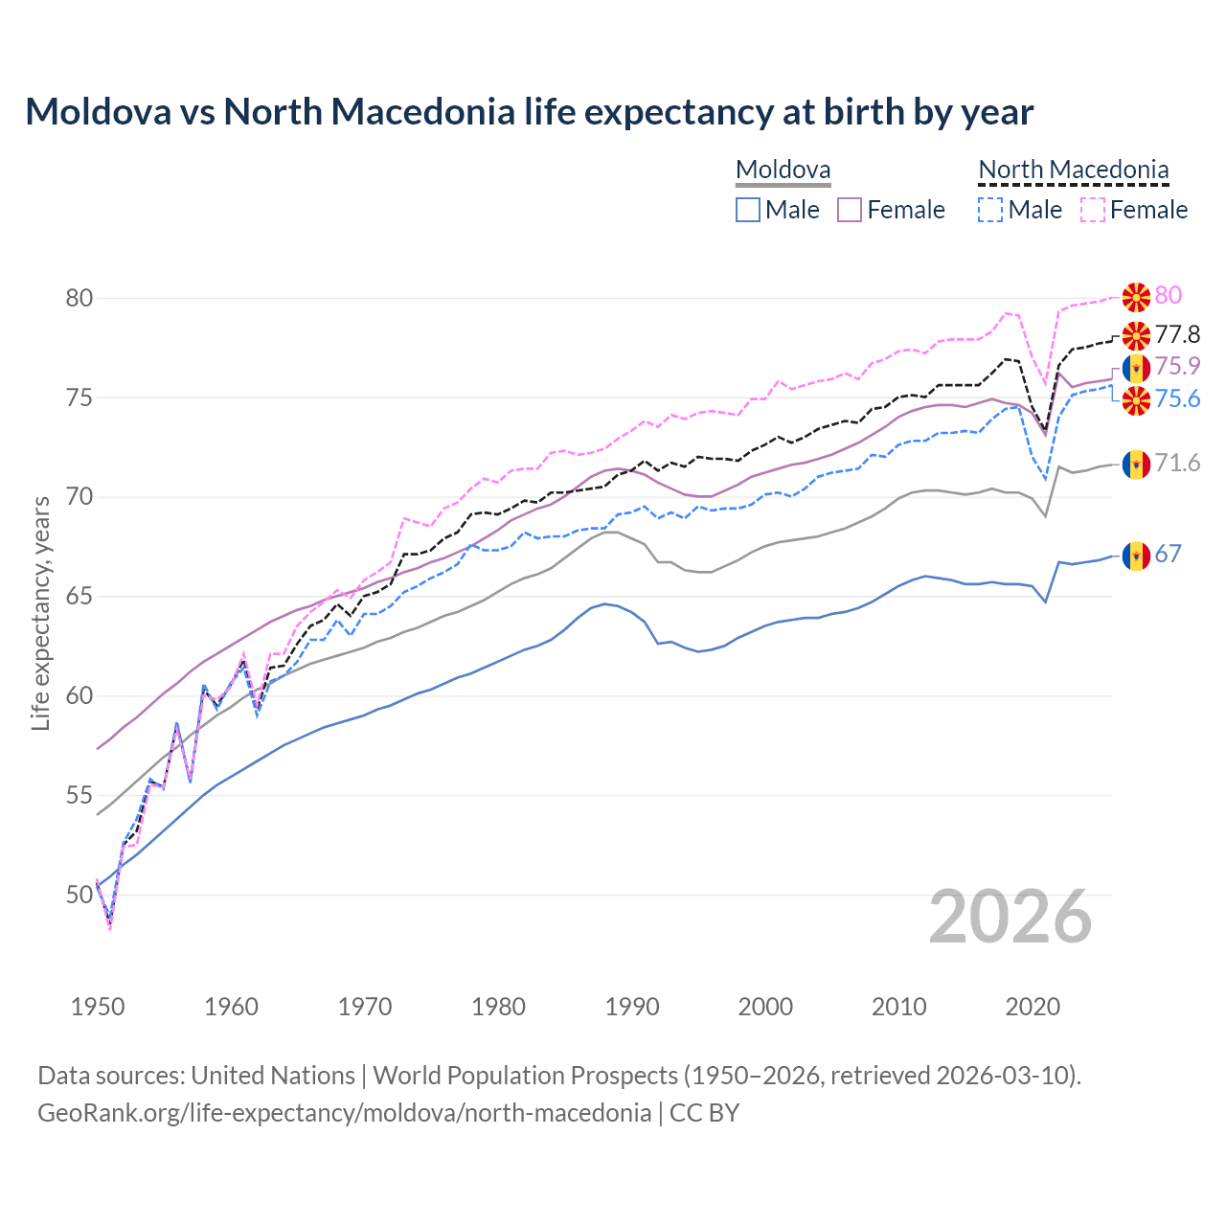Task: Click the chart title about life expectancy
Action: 529,112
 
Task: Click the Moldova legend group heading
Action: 783,170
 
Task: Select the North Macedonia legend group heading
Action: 1073,170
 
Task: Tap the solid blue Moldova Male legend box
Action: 748,210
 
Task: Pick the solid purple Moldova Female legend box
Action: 850,210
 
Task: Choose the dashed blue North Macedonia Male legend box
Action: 990,210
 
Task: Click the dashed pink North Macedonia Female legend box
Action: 1092,210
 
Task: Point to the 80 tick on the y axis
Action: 79,298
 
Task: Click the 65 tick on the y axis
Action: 79,597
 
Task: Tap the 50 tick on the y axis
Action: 79,896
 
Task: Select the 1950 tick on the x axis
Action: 98,1007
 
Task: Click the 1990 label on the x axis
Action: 632,1007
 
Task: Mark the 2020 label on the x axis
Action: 1033,1007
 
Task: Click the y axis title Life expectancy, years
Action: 40,613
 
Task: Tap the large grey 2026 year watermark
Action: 1010,918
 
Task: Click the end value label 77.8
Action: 1177,334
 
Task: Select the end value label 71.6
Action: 1177,464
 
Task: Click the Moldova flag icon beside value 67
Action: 1136,555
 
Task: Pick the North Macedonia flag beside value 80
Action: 1136,297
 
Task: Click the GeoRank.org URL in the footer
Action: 344,1113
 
